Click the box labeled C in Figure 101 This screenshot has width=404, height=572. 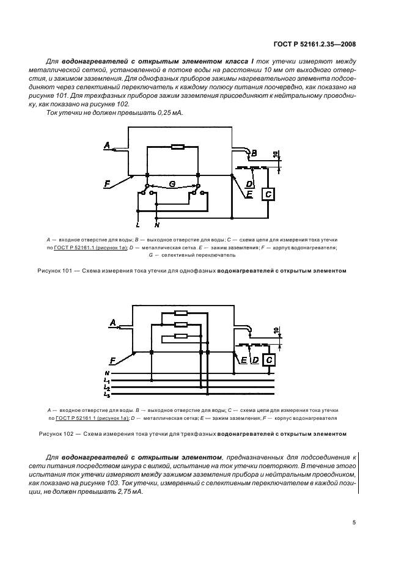[268, 194]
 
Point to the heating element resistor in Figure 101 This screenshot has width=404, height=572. [177, 147]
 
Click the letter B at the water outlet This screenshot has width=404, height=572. [254, 152]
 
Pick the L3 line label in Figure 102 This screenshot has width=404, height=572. [107, 395]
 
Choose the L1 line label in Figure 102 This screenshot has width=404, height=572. [107, 381]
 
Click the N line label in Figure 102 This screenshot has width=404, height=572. [107, 373]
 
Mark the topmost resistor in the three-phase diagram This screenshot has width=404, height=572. [181, 315]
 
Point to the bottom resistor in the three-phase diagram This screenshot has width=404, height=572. [181, 335]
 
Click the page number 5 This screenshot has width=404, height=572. [354, 522]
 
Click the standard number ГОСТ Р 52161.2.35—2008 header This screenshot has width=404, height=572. [314, 43]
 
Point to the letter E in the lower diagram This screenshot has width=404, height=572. [243, 361]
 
